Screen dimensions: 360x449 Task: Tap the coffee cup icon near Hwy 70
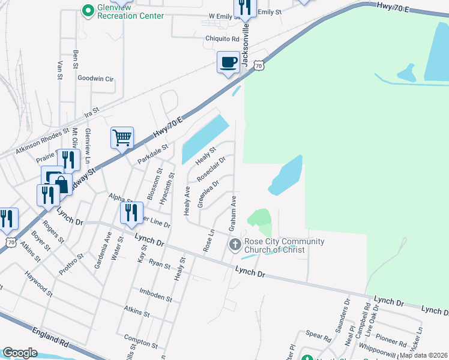pyautogui.click(x=228, y=63)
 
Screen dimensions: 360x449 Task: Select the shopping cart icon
pyautogui.click(x=122, y=138)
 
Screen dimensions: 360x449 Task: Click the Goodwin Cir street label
pyautogui.click(x=95, y=78)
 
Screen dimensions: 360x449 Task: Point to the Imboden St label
pyautogui.click(x=155, y=298)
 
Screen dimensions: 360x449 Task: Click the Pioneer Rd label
pyautogui.click(x=393, y=341)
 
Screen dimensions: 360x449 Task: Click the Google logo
pyautogui.click(x=20, y=353)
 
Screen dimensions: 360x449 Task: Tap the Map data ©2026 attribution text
pyautogui.click(x=423, y=355)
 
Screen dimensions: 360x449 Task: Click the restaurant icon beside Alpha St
pyautogui.click(x=128, y=212)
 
